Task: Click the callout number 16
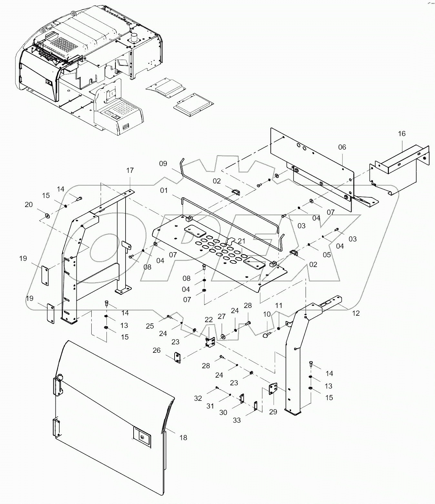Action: point(401,134)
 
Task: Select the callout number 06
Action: point(342,147)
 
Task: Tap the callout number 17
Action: point(130,171)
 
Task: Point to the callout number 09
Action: point(163,164)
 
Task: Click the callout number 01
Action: point(164,191)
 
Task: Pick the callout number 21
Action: point(242,241)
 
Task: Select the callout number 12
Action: point(356,313)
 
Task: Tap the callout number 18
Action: point(183,438)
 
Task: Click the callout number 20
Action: point(29,205)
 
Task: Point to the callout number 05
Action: point(327,255)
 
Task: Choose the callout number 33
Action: point(237,420)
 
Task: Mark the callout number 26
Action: point(157,350)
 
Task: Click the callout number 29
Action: point(273,412)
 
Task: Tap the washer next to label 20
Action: point(47,215)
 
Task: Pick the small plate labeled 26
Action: point(177,357)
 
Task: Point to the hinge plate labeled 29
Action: point(274,388)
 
